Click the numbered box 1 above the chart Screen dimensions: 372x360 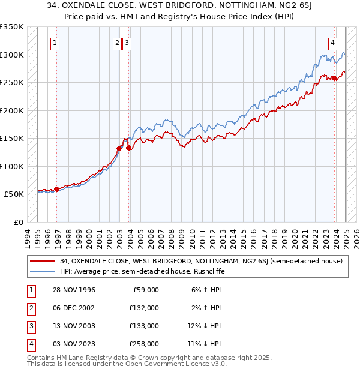55,43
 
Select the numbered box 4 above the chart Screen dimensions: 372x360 332,43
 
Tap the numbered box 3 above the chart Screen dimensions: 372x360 128,43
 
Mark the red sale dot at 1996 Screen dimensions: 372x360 57,189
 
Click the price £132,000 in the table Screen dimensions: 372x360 144,308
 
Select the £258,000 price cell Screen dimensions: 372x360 144,344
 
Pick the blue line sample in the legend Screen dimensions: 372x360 42,271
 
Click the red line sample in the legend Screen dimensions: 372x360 42,261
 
